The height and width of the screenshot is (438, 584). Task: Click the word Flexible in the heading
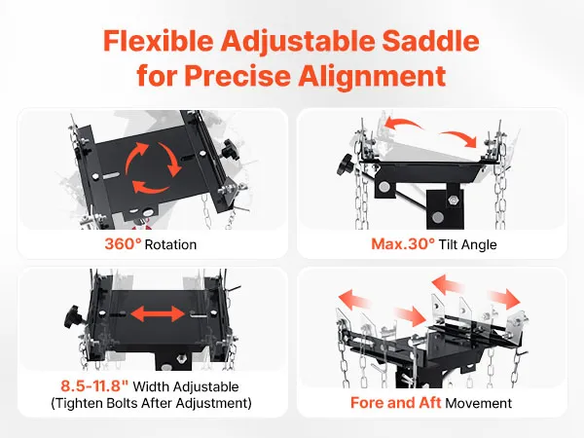pyautogui.click(x=159, y=40)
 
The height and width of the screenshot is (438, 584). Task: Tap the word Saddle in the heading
pyautogui.click(x=430, y=40)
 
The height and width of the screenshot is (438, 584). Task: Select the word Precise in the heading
pyautogui.click(x=237, y=75)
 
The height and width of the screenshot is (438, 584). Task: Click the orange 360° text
pyautogui.click(x=123, y=244)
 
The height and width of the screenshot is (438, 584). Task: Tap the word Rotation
pyautogui.click(x=170, y=244)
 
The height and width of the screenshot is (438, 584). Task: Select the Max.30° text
pyautogui.click(x=403, y=244)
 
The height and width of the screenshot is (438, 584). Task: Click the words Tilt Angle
pyautogui.click(x=468, y=244)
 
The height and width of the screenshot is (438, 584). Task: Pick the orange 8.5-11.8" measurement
pyautogui.click(x=94, y=385)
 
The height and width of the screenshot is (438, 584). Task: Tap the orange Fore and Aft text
pyautogui.click(x=395, y=403)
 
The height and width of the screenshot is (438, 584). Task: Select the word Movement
pyautogui.click(x=479, y=403)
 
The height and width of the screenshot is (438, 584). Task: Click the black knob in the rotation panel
pyautogui.click(x=229, y=151)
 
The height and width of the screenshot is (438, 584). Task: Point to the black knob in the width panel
pyautogui.click(x=72, y=316)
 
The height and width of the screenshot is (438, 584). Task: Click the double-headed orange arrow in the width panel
pyautogui.click(x=158, y=313)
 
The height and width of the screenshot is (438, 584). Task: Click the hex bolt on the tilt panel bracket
pyautogui.click(x=453, y=200)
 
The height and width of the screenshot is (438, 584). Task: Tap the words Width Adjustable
pyautogui.click(x=186, y=386)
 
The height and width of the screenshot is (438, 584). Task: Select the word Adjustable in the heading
pyautogui.click(x=298, y=42)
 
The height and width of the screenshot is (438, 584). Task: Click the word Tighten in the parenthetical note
pyautogui.click(x=79, y=403)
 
